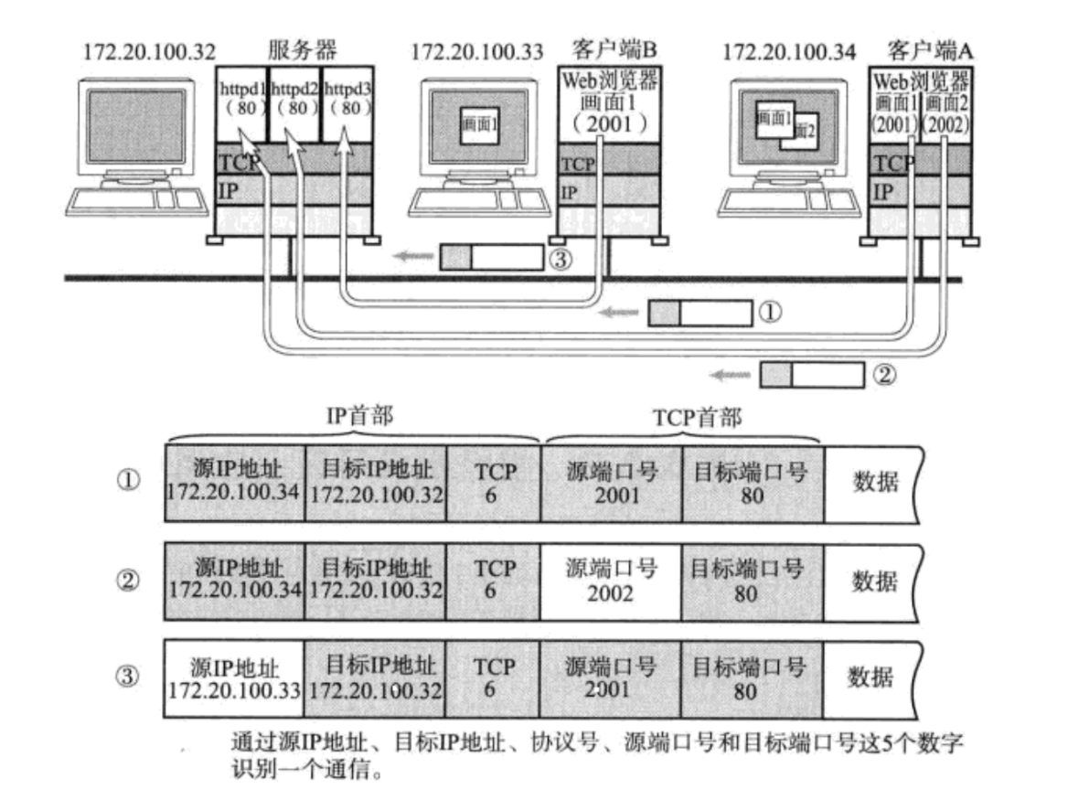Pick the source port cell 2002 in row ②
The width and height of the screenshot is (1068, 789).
(610, 581)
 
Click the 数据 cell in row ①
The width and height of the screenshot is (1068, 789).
(875, 482)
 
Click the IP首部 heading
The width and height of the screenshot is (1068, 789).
(360, 417)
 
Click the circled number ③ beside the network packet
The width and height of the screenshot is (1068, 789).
(561, 259)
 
